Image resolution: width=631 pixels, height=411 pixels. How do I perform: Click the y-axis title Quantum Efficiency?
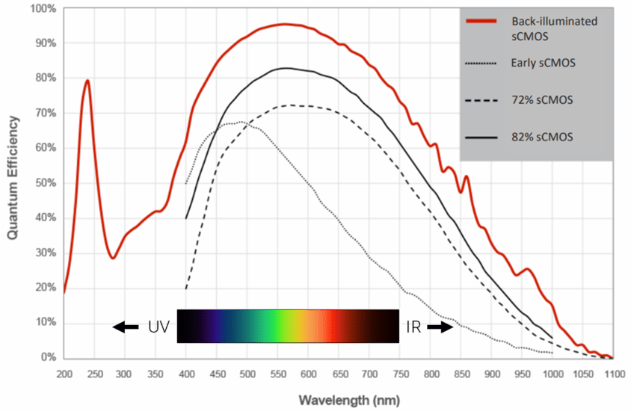tap(13, 182)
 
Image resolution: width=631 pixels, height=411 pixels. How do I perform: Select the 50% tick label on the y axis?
tap(46, 183)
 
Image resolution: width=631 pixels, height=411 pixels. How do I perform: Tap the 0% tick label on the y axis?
tap(49, 358)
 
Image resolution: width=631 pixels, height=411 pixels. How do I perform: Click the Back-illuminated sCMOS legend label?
tap(552, 28)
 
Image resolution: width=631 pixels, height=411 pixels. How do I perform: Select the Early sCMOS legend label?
tap(544, 64)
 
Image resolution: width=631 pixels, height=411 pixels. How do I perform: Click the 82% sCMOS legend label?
tap(541, 137)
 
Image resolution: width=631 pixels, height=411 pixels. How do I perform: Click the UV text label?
tap(158, 327)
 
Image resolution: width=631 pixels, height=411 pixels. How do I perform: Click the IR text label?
tap(414, 327)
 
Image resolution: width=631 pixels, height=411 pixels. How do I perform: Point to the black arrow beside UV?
tap(126, 327)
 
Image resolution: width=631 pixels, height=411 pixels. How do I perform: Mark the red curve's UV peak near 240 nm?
tap(87, 80)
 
